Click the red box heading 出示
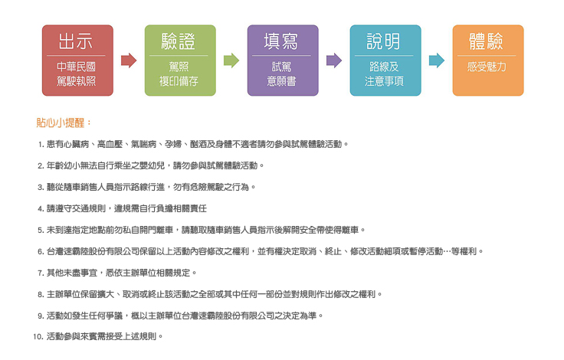pos(76,41)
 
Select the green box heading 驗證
pos(179,41)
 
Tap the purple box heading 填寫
pos(281,41)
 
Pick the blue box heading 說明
pos(383,41)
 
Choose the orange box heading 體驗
pos(487,41)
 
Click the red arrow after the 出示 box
pos(129,61)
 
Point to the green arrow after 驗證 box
pos(231,61)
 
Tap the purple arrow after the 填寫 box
pos(334,61)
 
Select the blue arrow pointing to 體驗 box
pos(437,61)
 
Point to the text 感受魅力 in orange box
pos(487,67)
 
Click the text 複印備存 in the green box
pos(179,81)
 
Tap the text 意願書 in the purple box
pos(281,81)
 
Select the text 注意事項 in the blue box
pos(384,81)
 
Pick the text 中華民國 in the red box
pos(76,67)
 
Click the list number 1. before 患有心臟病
pos(41,145)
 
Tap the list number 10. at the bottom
pos(38,336)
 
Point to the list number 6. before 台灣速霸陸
pos(41,251)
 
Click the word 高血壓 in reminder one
pos(110,144)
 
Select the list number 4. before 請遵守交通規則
pos(41,208)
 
